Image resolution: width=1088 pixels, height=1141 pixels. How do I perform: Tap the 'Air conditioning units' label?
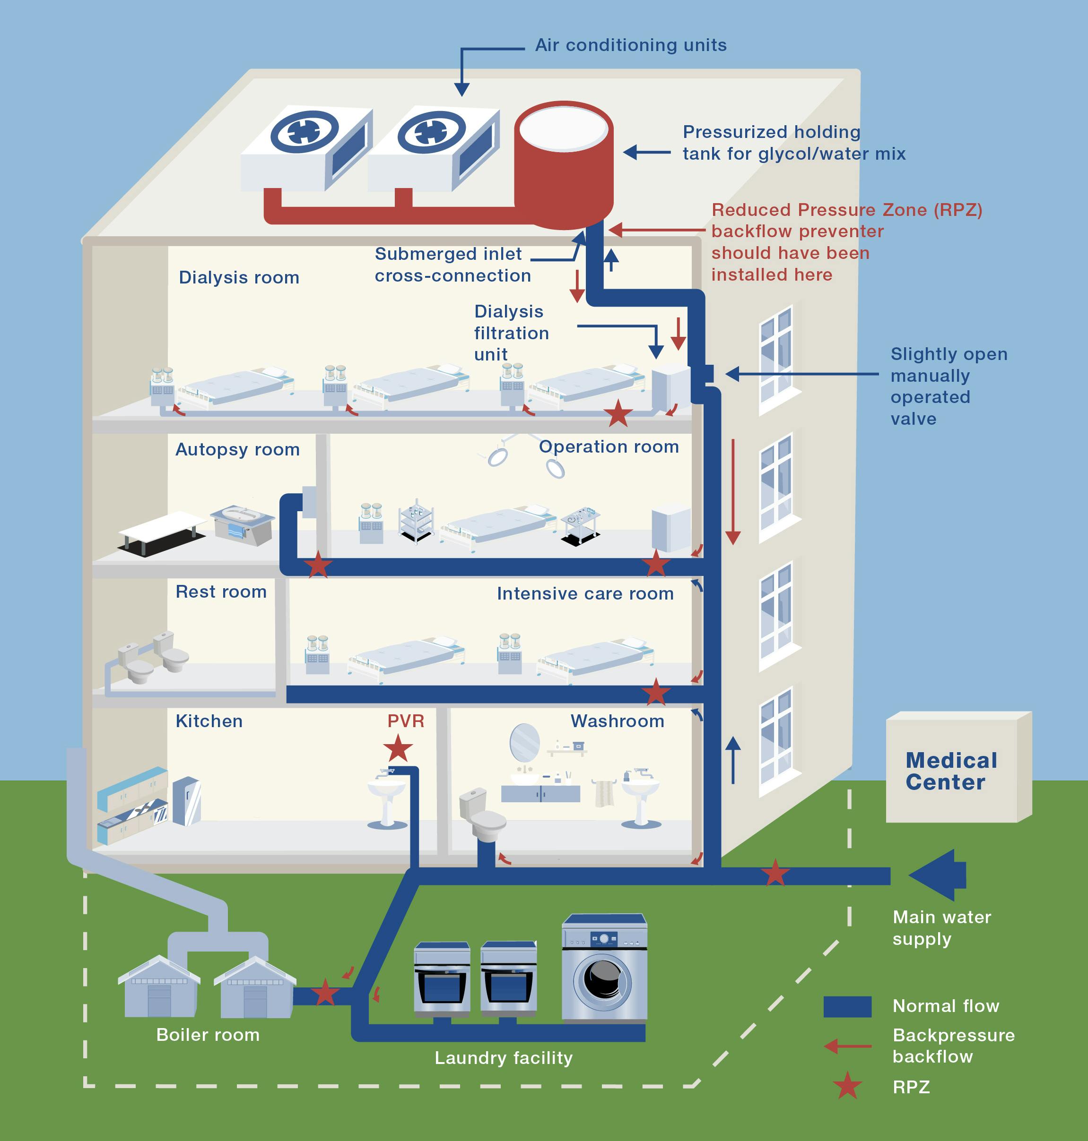(x=630, y=45)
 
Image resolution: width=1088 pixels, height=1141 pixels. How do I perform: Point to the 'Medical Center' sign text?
(x=951, y=771)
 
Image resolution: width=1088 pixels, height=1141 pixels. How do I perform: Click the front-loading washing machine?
(x=604, y=968)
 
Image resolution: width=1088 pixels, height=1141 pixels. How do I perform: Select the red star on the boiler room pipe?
(x=325, y=993)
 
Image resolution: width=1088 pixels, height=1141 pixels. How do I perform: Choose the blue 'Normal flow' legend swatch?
(x=847, y=1006)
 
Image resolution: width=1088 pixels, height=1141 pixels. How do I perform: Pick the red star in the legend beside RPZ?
(x=847, y=1086)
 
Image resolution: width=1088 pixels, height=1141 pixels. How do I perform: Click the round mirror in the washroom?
(x=524, y=742)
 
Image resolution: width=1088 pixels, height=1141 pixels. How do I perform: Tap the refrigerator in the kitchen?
(x=187, y=801)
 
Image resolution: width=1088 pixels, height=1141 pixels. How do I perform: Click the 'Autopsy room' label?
(x=237, y=449)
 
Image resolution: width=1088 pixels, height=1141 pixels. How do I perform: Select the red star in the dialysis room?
(x=618, y=413)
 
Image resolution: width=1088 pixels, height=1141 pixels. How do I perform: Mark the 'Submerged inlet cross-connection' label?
(x=453, y=265)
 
